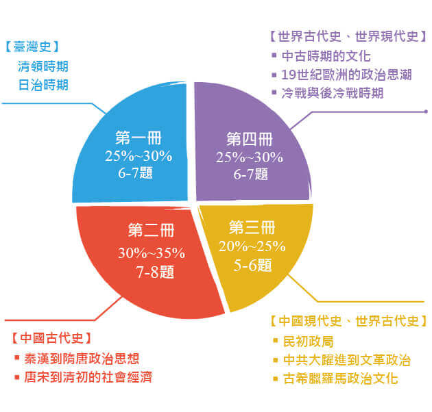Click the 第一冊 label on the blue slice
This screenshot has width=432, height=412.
click(139, 138)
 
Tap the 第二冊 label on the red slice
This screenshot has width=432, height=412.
click(151, 230)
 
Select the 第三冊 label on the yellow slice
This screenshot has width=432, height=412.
click(252, 227)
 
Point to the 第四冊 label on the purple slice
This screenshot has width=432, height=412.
click(250, 139)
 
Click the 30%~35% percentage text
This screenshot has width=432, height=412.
click(152, 253)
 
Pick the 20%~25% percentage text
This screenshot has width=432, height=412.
click(252, 246)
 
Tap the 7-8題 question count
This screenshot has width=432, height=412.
click(156, 272)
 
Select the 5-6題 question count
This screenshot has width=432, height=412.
click(252, 265)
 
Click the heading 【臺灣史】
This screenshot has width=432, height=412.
click(32, 47)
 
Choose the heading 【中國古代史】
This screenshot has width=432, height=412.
click(51, 337)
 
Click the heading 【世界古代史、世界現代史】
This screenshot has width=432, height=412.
click(348, 36)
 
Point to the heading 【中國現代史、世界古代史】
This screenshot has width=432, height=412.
click(349, 321)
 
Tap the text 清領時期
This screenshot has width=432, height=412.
click(43, 66)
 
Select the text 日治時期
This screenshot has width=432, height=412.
click(43, 85)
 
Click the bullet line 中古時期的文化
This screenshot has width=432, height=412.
click(321, 56)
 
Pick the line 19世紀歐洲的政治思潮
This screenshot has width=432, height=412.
click(341, 75)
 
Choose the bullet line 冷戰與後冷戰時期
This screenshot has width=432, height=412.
click(328, 93)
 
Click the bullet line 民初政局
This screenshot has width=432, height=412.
click(303, 342)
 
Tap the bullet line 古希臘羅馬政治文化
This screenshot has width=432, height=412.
click(335, 378)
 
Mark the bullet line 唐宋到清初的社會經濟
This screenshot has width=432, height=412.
click(83, 377)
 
